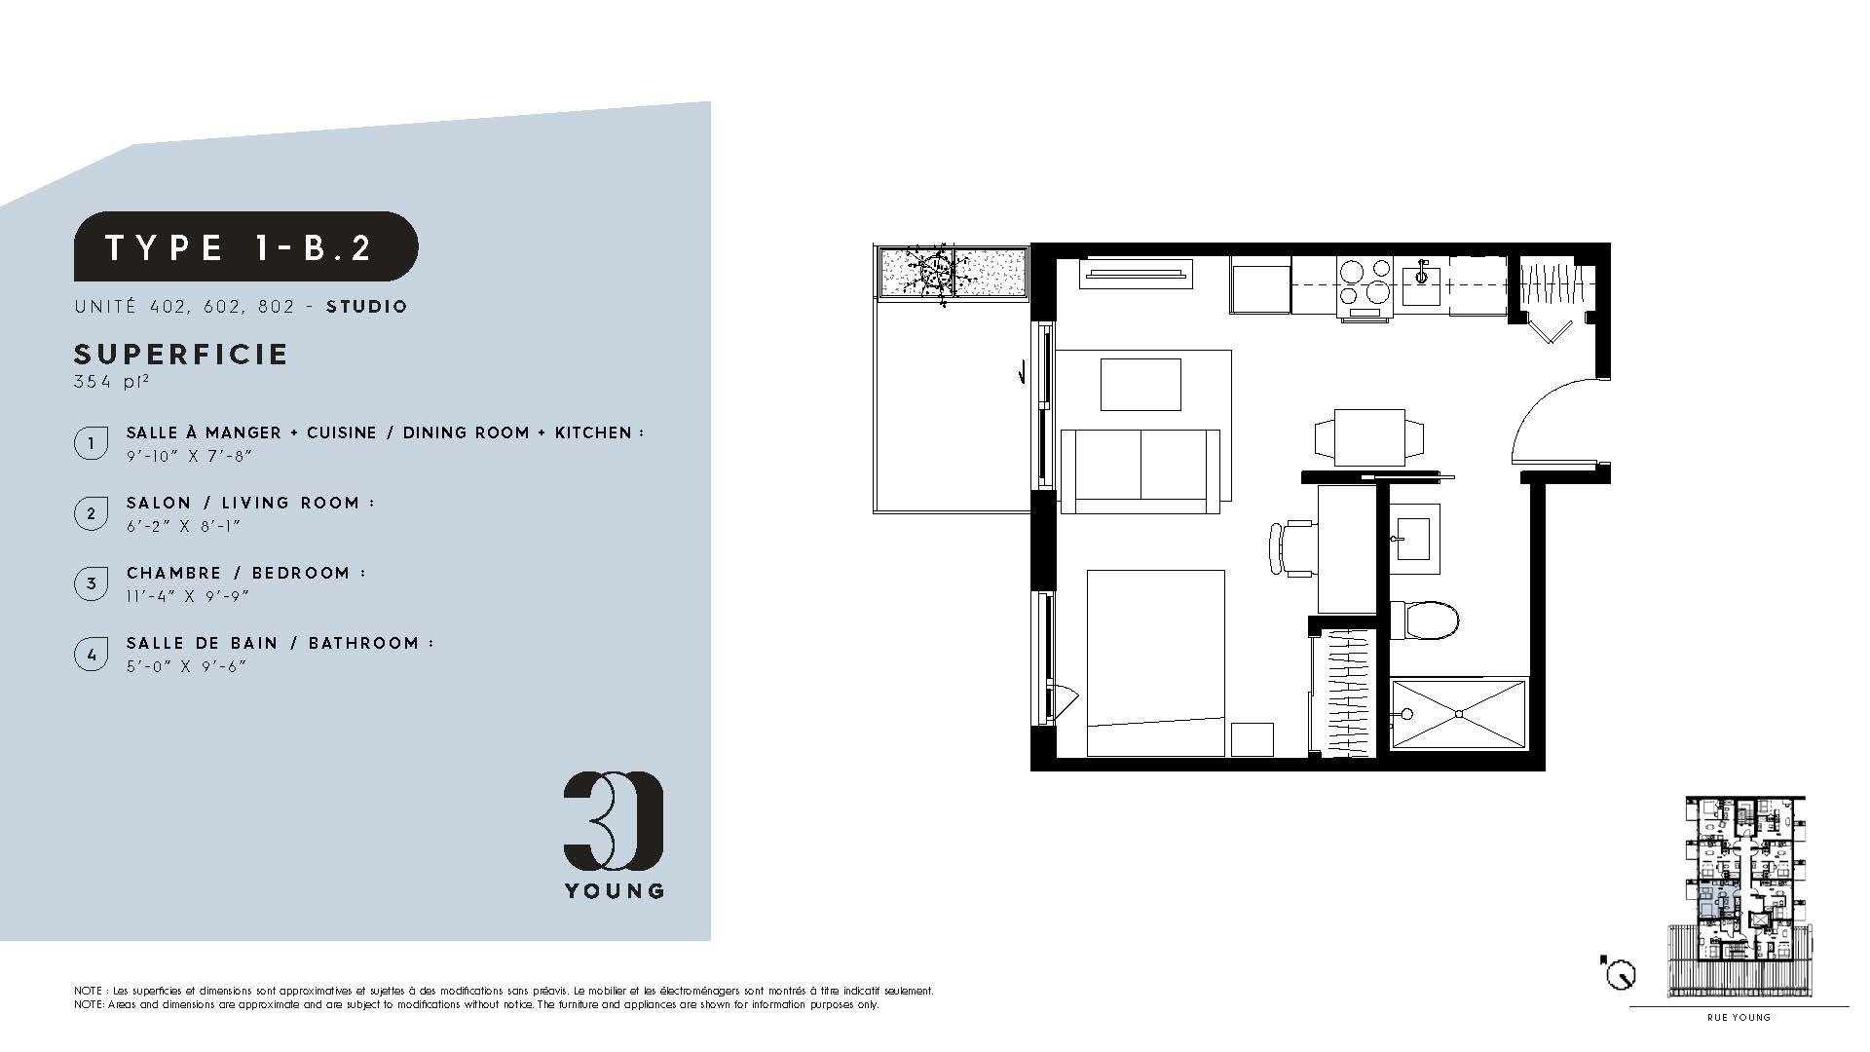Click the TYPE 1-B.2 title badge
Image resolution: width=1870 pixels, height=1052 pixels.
click(246, 246)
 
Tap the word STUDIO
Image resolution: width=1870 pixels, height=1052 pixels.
click(367, 307)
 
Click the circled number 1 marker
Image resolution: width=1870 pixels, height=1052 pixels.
click(91, 443)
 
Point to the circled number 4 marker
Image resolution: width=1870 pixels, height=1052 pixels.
click(91, 654)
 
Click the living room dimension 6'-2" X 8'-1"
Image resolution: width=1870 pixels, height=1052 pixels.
click(183, 526)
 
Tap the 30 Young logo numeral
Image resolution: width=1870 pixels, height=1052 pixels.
click(614, 820)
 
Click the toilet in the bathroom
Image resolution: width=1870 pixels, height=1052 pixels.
click(1424, 620)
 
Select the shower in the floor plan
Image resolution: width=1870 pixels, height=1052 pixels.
click(1458, 714)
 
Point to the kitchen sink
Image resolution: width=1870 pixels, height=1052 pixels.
click(1421, 277)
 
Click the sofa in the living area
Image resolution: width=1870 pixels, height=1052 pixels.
click(1141, 470)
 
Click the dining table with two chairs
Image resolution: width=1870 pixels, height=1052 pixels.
click(1367, 437)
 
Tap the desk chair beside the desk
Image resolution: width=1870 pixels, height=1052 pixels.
click(1291, 548)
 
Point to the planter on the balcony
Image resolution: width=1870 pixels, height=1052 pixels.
click(954, 273)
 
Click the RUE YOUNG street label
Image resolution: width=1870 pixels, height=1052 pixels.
click(1739, 1018)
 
